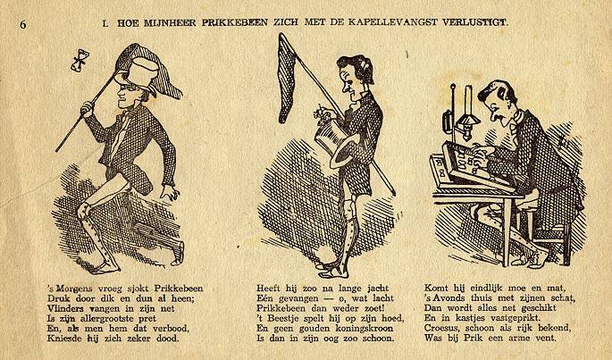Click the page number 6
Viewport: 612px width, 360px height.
click(23, 24)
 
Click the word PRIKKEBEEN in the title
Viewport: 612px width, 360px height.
click(235, 22)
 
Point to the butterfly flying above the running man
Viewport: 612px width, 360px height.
click(80, 61)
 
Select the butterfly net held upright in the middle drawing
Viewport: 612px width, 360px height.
click(288, 78)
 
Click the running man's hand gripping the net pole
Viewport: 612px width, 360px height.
click(88, 108)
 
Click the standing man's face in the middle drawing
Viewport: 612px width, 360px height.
click(348, 86)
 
